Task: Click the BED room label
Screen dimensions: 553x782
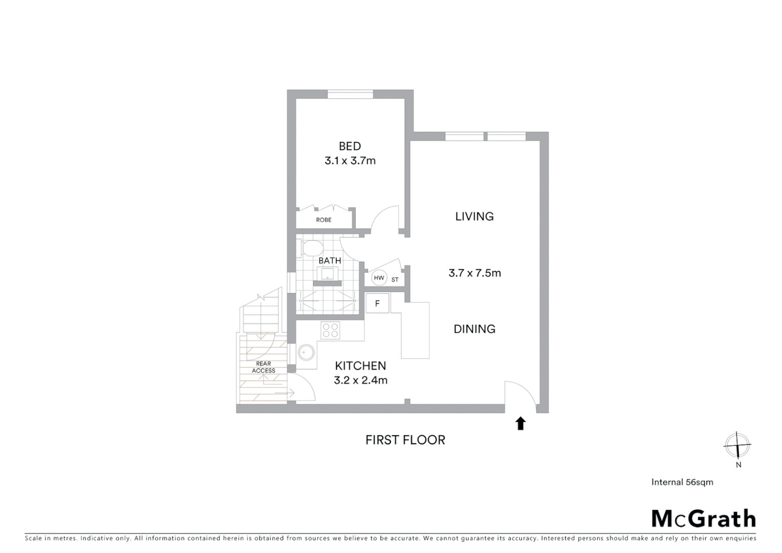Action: point(350,146)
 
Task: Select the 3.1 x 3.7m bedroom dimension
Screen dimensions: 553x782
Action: point(350,161)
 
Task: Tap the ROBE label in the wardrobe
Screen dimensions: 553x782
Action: point(323,220)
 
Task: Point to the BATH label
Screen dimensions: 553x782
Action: point(330,261)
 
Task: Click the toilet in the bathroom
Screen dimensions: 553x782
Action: point(310,249)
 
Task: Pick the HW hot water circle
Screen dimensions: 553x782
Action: point(379,278)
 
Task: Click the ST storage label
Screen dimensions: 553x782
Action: point(395,280)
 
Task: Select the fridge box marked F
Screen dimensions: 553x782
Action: point(377,304)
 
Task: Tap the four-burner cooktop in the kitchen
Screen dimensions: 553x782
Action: point(330,330)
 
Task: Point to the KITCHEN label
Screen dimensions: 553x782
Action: point(360,366)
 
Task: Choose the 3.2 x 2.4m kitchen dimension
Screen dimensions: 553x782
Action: point(360,380)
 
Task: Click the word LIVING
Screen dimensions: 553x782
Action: point(474,217)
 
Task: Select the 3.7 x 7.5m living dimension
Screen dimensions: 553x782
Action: point(474,273)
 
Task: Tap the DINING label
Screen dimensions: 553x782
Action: point(474,329)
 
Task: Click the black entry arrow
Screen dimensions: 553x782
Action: point(520,423)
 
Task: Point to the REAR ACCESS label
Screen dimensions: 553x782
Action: point(264,367)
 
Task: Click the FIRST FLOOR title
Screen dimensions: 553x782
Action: point(405,440)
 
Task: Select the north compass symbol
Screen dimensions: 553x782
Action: point(737,445)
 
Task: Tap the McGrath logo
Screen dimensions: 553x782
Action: point(704,519)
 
